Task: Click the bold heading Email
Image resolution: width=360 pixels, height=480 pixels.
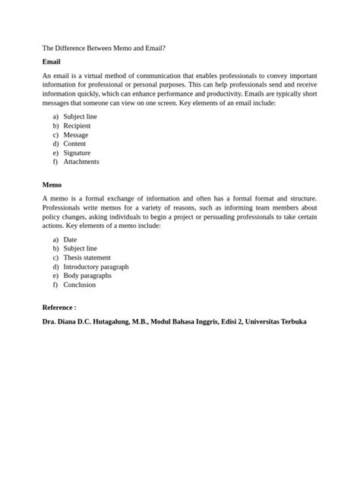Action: pos(51,62)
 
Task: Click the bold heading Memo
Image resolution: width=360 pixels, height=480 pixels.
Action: pos(52,185)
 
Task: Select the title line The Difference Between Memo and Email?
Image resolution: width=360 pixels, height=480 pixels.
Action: pos(103,47)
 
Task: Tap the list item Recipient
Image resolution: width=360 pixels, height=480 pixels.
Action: pos(77,125)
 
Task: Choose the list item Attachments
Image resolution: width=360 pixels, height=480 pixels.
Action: pos(81,162)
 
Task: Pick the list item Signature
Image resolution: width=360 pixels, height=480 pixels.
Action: pos(77,153)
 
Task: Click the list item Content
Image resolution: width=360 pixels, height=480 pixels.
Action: pos(74,144)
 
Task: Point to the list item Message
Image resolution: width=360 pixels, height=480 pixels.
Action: pos(76,134)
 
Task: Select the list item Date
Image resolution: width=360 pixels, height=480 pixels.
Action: pos(71,239)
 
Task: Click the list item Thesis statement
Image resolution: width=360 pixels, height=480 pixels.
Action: pos(87,257)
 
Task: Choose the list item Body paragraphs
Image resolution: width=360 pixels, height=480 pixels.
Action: pos(88,276)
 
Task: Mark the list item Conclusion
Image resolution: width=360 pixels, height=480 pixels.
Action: pos(80,285)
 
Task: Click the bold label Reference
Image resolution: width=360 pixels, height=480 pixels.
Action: pos(58,308)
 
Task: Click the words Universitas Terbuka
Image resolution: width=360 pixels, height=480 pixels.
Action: pos(276,322)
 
